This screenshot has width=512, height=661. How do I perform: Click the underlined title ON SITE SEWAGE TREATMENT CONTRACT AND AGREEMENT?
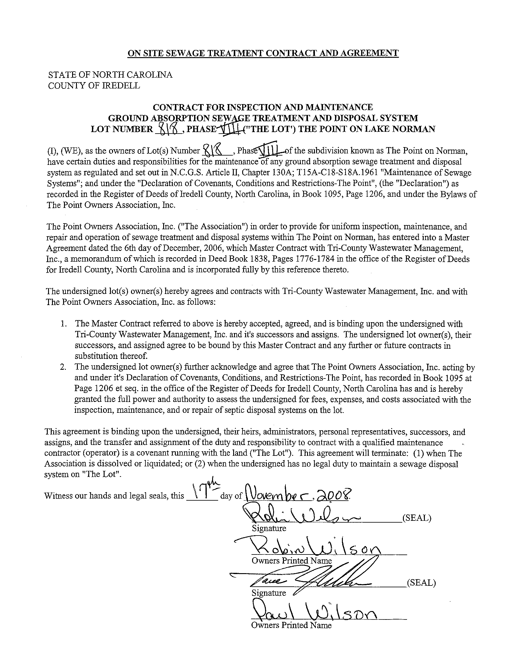pyautogui.click(x=263, y=53)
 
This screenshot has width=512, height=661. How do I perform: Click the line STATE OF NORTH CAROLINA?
pyautogui.click(x=110, y=75)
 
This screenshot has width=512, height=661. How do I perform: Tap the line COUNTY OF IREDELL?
pyautogui.click(x=94, y=86)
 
